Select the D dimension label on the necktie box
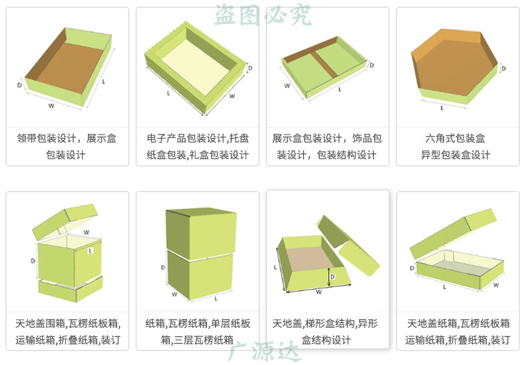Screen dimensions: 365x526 click(x=19, y=85)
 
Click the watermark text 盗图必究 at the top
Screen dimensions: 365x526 click(x=262, y=15)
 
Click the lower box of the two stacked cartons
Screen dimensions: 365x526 click(x=200, y=274)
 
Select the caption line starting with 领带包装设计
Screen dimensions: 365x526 click(x=66, y=139)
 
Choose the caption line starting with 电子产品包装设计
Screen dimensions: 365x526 click(x=197, y=139)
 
